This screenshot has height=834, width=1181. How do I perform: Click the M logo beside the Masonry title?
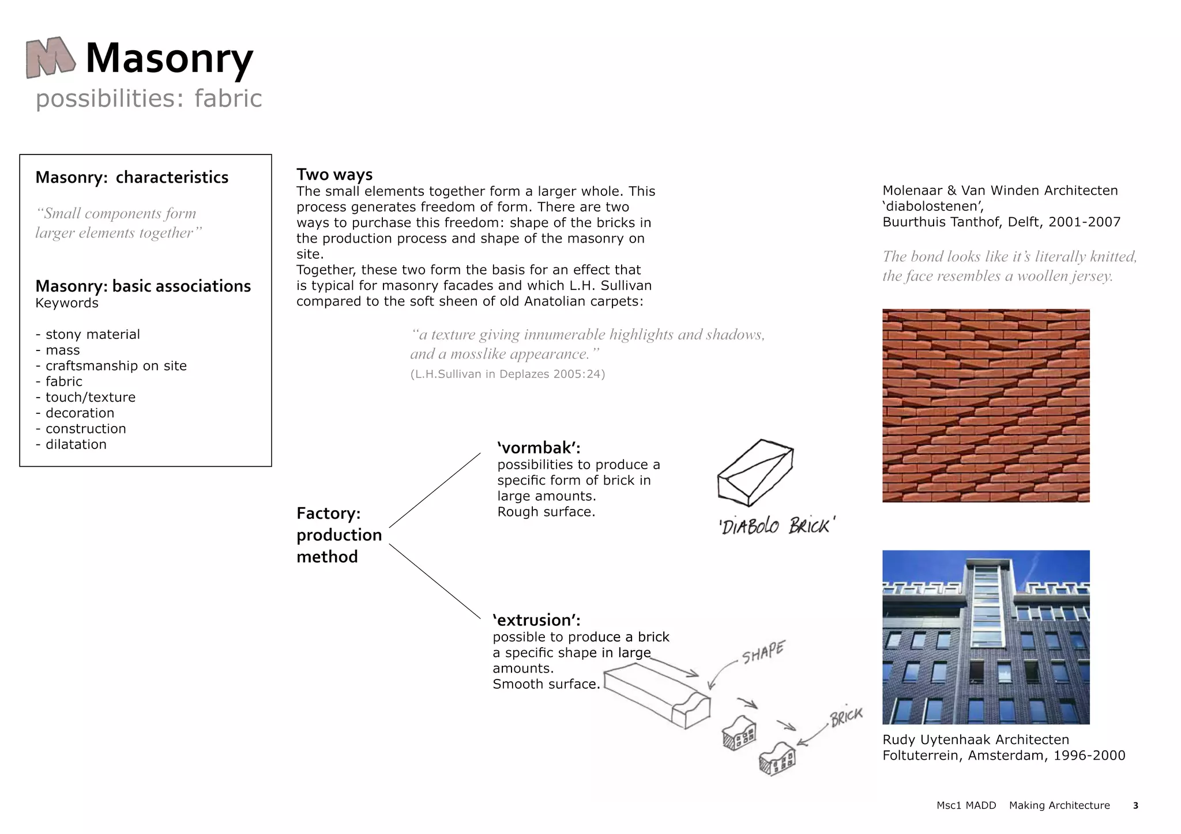(50, 58)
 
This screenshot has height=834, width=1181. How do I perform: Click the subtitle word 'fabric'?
(228, 99)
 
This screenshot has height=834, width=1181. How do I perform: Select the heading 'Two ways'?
(334, 175)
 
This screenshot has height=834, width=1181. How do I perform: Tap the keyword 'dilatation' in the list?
(76, 444)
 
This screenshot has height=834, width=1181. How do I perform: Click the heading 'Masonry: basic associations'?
(143, 286)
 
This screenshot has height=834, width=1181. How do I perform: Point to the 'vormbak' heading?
(539, 448)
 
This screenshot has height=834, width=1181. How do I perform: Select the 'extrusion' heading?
(536, 620)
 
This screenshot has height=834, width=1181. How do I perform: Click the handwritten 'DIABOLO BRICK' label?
(776, 526)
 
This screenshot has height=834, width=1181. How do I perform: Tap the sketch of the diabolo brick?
(755, 472)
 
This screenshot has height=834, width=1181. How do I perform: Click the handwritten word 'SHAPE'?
(762, 653)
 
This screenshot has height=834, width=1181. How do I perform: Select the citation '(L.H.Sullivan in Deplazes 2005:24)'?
(507, 374)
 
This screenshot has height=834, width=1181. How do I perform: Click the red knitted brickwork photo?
(986, 405)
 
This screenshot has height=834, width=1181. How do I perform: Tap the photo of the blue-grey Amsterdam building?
(986, 637)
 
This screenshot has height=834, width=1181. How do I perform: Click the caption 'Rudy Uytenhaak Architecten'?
(976, 739)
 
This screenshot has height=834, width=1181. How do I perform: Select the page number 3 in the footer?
(1135, 806)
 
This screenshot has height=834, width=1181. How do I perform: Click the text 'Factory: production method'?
(339, 535)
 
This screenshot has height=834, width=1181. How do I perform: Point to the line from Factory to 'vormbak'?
(435, 490)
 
